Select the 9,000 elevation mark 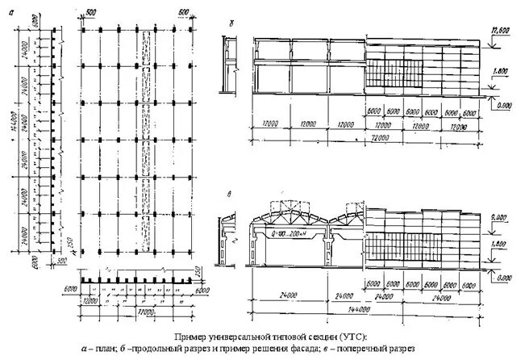[501, 216]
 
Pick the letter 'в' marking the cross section [231, 195]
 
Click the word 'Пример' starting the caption [190, 336]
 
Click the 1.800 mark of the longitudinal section [501, 72]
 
